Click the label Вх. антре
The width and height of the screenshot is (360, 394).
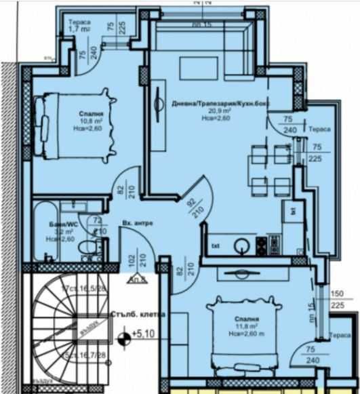tap(138, 223)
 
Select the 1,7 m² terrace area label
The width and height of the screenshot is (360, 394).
tap(80, 30)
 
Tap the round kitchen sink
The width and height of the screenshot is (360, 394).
tap(242, 245)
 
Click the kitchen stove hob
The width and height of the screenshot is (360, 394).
tap(274, 243)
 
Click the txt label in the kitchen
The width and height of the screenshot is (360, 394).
tap(216, 245)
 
